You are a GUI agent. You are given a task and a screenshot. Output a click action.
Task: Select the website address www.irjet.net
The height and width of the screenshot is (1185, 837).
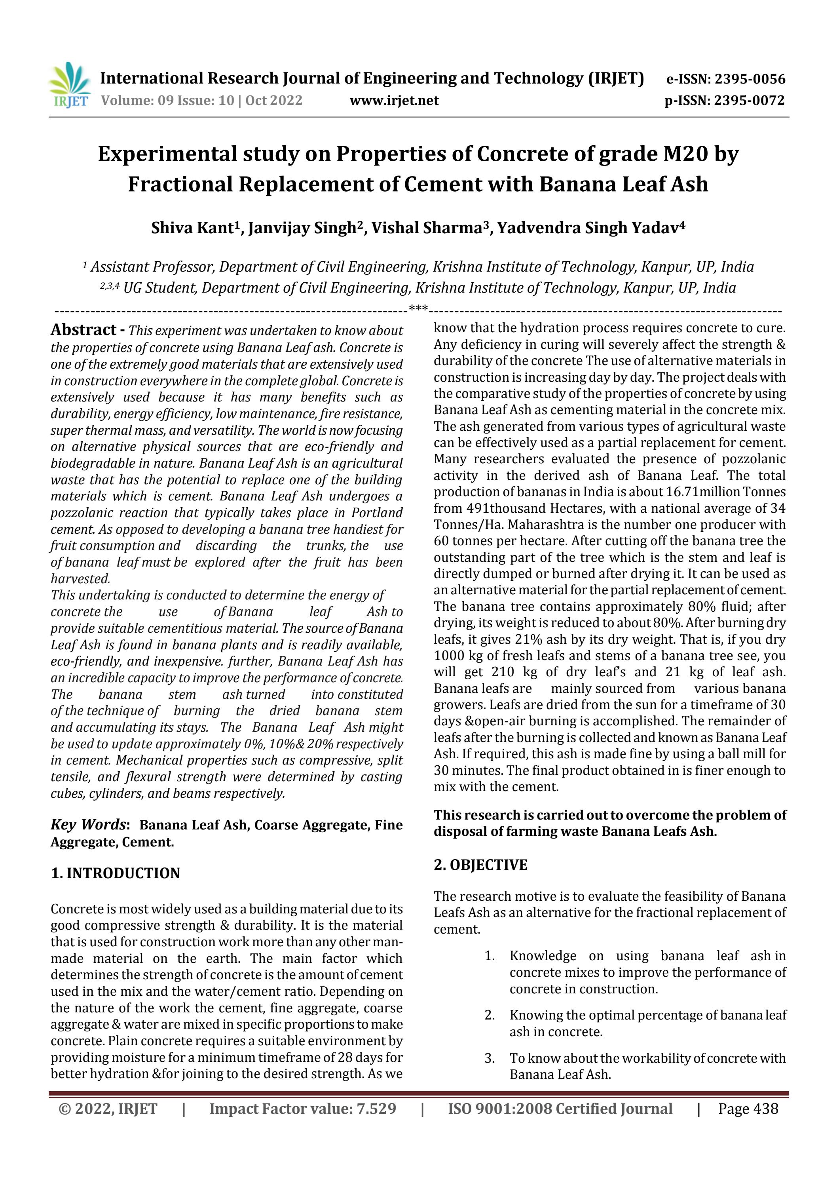coord(394,100)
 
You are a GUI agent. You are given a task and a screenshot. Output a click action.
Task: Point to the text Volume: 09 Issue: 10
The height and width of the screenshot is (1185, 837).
coord(167,100)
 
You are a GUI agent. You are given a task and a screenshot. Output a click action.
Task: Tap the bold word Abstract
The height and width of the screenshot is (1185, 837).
coord(83,330)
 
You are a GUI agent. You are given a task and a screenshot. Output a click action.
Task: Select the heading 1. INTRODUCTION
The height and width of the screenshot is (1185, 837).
coord(115,873)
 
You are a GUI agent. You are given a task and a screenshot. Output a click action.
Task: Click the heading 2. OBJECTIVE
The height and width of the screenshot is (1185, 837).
coord(480,865)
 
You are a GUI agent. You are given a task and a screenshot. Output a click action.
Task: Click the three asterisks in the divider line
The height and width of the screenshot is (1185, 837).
coord(418,309)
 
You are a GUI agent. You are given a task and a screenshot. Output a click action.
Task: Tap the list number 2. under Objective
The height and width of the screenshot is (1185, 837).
coord(490,1015)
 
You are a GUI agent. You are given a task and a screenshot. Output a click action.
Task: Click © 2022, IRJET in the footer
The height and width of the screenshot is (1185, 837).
coord(108,1109)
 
